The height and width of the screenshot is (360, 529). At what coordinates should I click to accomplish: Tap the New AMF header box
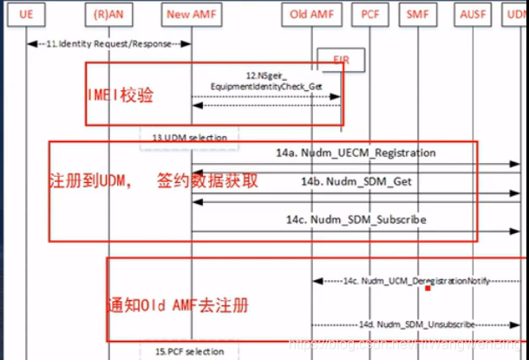191,16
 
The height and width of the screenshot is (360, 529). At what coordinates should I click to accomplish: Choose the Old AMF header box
311,16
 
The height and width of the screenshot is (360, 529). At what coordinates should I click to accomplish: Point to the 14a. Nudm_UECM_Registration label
368,154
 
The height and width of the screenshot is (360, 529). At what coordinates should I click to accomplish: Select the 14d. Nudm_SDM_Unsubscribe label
417,324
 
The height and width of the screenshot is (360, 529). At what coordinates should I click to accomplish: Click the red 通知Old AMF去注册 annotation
177,305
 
